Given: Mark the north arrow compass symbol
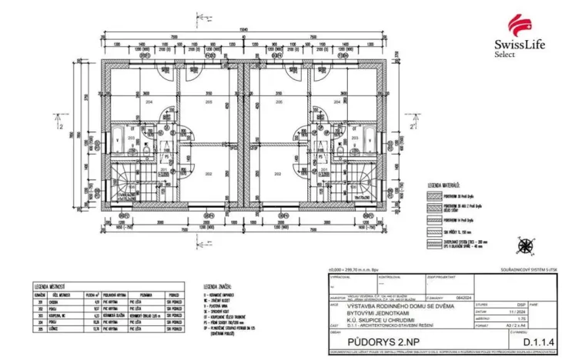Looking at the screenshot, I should pyautogui.click(x=527, y=246).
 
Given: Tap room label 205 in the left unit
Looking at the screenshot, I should pyautogui.click(x=206, y=101).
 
